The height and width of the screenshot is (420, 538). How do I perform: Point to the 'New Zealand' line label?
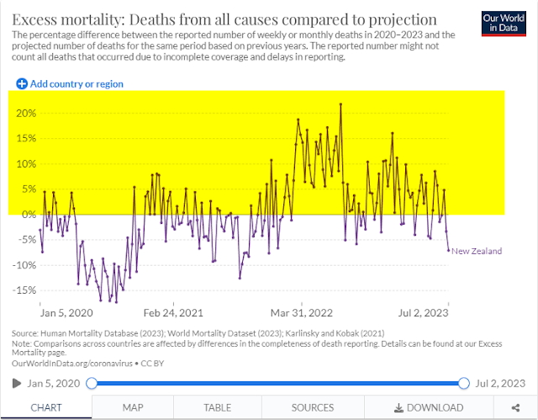pos(477,251)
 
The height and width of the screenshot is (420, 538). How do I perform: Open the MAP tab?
pos(133,407)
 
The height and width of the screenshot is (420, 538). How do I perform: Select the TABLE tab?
pos(218,407)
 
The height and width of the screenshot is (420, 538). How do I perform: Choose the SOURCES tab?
pos(313,407)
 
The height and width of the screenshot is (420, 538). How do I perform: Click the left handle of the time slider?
pos(92,383)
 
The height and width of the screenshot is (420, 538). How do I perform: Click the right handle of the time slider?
pos(463,383)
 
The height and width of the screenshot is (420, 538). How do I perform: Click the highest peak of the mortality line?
pos(340,104)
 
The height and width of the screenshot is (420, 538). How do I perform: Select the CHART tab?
pos(45,407)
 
